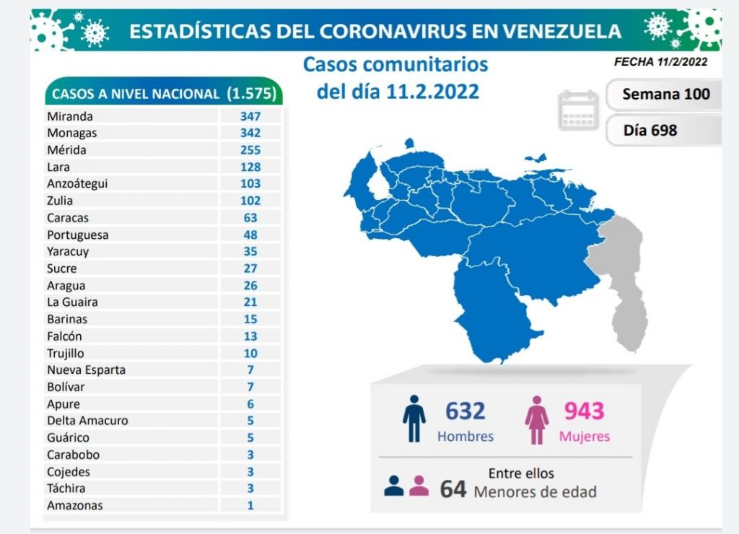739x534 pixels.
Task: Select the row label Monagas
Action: pos(71,133)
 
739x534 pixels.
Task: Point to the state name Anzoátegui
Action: pos(77,183)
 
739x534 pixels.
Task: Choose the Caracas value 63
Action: pos(250,217)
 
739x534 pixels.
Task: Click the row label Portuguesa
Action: pos(77,235)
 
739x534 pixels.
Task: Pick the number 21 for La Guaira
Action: pos(250,302)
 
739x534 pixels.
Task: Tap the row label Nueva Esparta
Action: pos(86,369)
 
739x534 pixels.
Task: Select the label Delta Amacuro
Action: pos(87,420)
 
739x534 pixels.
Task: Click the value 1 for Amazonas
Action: pos(250,505)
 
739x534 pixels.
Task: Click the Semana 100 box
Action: pos(665,94)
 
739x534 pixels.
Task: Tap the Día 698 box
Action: pos(650,130)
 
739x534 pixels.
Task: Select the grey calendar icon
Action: pos(578,110)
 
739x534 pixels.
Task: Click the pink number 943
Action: pos(584,411)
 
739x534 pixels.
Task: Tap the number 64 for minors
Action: pos(453,489)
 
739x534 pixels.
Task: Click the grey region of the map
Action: pos(621,274)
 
